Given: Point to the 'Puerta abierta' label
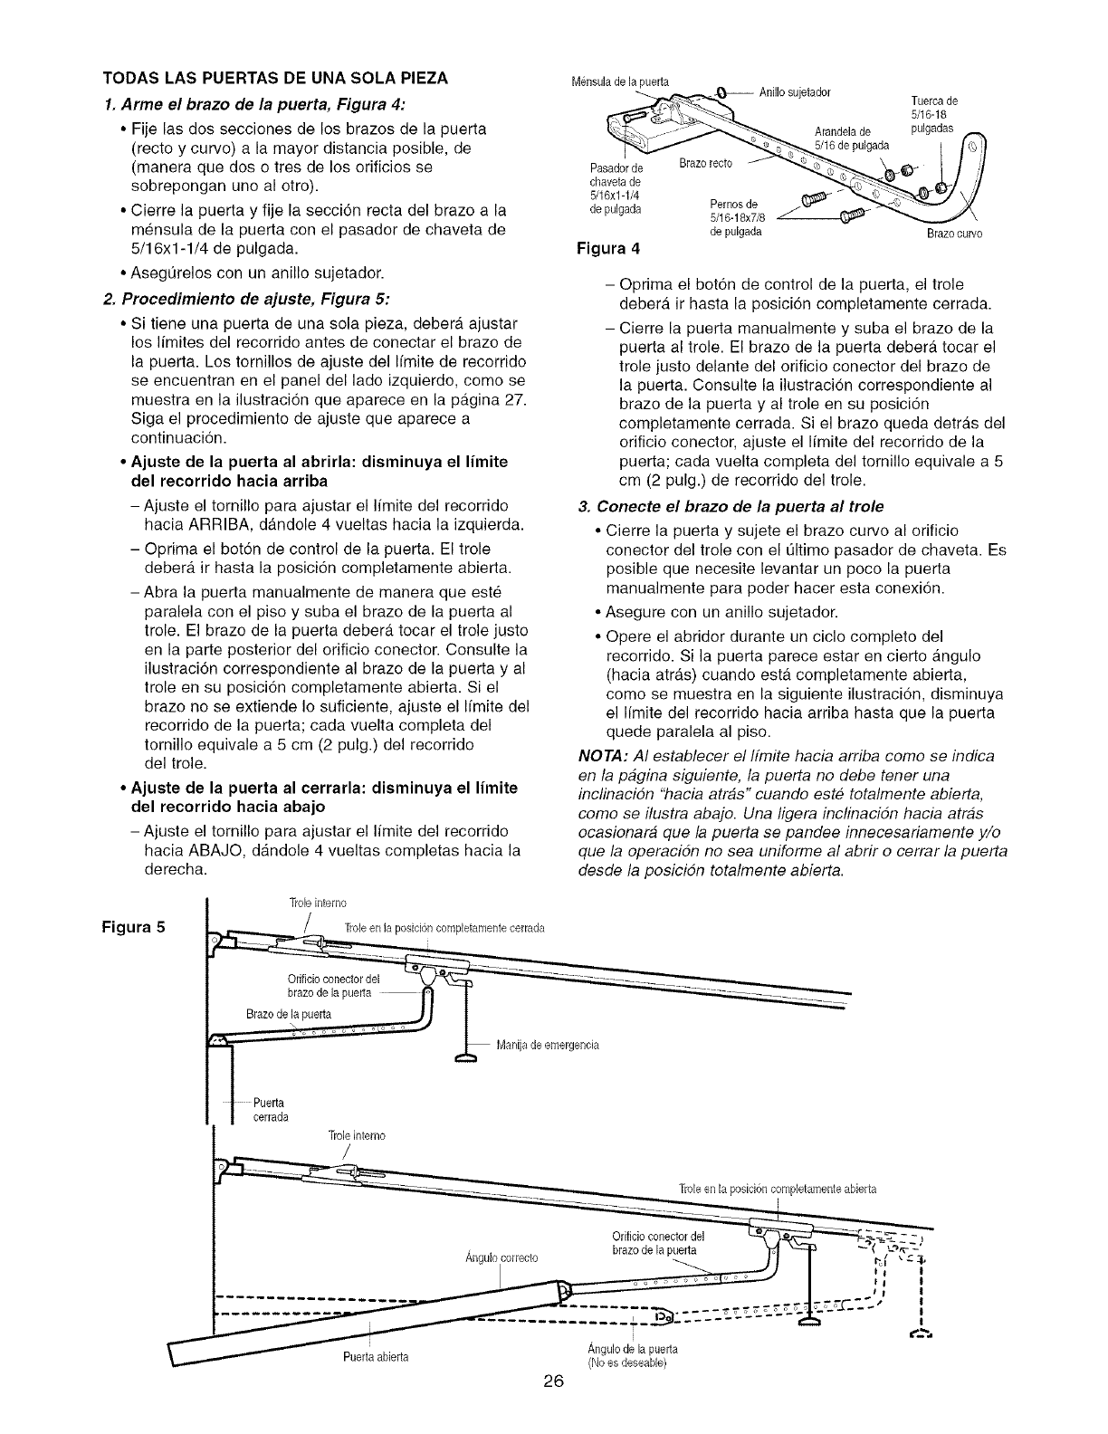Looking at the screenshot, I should (x=373, y=1356).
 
